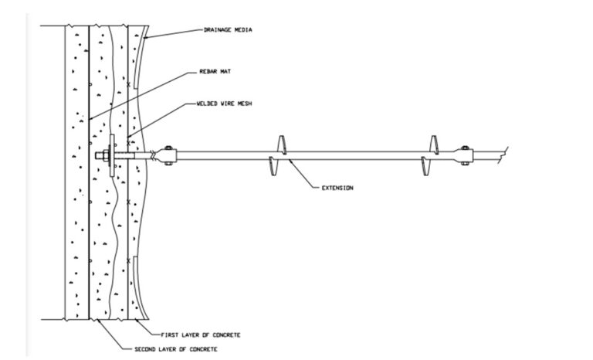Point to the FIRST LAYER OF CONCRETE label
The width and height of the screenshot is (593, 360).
(x=201, y=335)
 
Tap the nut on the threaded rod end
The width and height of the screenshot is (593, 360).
(x=102, y=156)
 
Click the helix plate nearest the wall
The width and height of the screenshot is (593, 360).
(x=278, y=155)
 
